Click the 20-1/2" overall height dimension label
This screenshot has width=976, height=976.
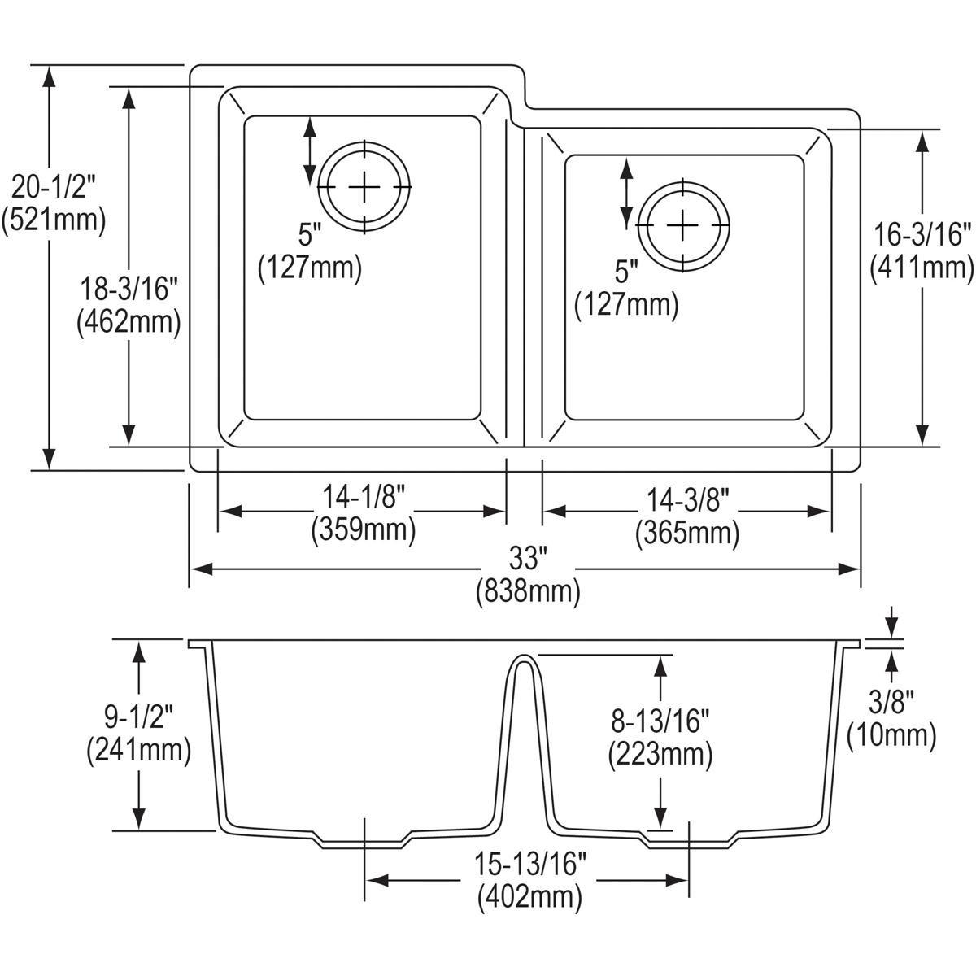[54, 188]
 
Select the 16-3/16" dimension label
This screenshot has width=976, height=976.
[922, 236]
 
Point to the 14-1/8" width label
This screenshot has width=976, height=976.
[363, 497]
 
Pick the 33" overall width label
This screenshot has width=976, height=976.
[527, 558]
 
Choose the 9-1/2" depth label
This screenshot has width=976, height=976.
[138, 717]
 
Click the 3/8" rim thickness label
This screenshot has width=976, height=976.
[891, 700]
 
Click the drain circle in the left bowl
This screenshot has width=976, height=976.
[364, 187]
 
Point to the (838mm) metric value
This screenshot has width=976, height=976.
[528, 592]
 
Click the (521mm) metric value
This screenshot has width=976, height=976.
[54, 220]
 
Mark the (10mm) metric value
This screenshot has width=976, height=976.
[891, 735]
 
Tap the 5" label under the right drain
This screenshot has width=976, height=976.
[626, 271]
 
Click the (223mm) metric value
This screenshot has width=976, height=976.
[660, 756]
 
